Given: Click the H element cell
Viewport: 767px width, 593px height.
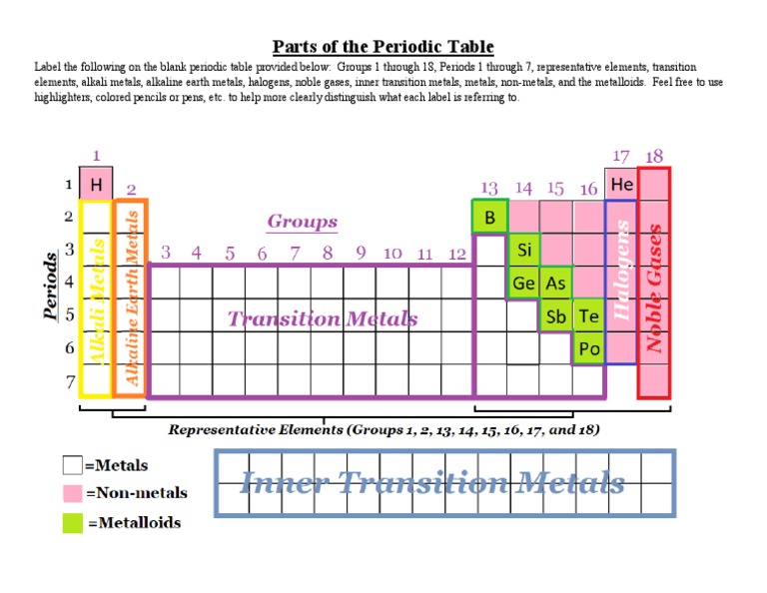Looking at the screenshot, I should point(96,184).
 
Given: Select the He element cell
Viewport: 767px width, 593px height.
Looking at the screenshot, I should point(621,185).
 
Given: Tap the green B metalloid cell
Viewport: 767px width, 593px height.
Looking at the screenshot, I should point(489,218).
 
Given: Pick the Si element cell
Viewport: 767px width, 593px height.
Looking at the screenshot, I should point(523,250).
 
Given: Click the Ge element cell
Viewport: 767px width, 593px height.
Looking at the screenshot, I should point(523,283).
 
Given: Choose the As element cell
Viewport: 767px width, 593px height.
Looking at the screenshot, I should point(556,283).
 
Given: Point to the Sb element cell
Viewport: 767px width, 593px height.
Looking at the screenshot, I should point(556,315).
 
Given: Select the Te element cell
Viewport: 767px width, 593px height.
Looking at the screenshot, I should point(589,315).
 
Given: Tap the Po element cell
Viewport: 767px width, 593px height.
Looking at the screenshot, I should point(589,348).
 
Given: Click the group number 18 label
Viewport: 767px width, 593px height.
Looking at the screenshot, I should point(654,157).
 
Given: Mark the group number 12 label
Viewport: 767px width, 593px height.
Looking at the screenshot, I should point(457,254).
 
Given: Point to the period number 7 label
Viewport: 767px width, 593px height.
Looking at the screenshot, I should point(70,381).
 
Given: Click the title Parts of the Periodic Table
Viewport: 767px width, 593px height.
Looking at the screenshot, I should point(383,47).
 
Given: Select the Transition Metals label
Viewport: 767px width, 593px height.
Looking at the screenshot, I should point(323,318).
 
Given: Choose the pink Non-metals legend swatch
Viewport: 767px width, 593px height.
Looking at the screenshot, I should point(73,493).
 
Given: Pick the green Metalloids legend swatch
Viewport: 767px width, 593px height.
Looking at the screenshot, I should point(73,522).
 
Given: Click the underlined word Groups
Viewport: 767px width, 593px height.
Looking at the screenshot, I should point(303,222).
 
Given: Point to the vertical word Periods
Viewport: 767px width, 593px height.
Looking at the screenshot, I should point(51,287).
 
